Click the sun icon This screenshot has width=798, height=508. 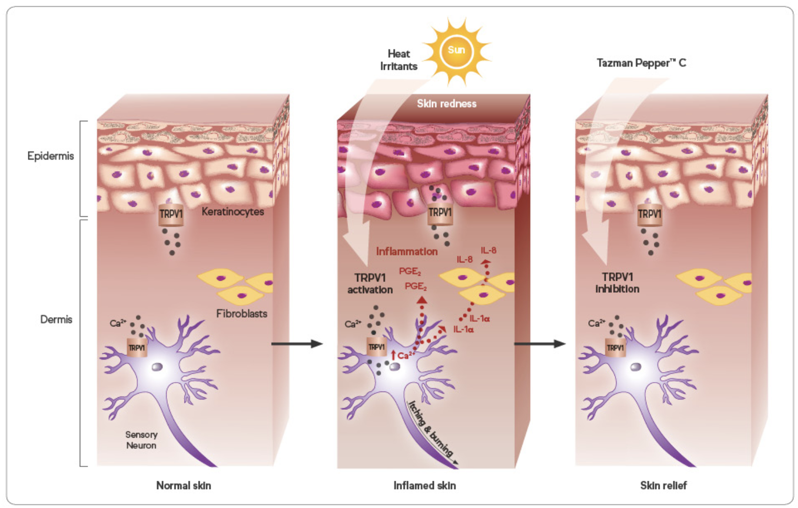(x=456, y=51)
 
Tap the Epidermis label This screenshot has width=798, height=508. (x=50, y=156)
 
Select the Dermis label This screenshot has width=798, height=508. (x=56, y=319)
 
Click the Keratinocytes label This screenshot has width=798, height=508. (x=233, y=211)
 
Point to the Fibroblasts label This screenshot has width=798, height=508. (x=242, y=314)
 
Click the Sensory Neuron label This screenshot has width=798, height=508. (x=141, y=440)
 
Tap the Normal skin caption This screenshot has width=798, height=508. (x=184, y=485)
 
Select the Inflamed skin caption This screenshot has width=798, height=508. (x=425, y=485)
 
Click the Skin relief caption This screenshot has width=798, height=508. (x=663, y=485)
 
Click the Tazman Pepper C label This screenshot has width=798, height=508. (x=641, y=63)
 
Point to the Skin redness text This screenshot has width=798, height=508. (x=447, y=104)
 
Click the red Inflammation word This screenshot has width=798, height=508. (x=407, y=251)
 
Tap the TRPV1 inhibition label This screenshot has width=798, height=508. (x=617, y=282)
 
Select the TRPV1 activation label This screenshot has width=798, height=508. (x=370, y=283)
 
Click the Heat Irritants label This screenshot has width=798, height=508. (x=398, y=60)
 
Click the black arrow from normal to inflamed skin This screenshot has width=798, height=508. (x=296, y=344)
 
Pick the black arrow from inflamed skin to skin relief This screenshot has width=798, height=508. (x=539, y=344)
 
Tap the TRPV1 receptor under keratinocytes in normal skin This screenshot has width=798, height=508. (x=171, y=215)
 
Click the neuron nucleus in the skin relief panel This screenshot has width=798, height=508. (x=635, y=367)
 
